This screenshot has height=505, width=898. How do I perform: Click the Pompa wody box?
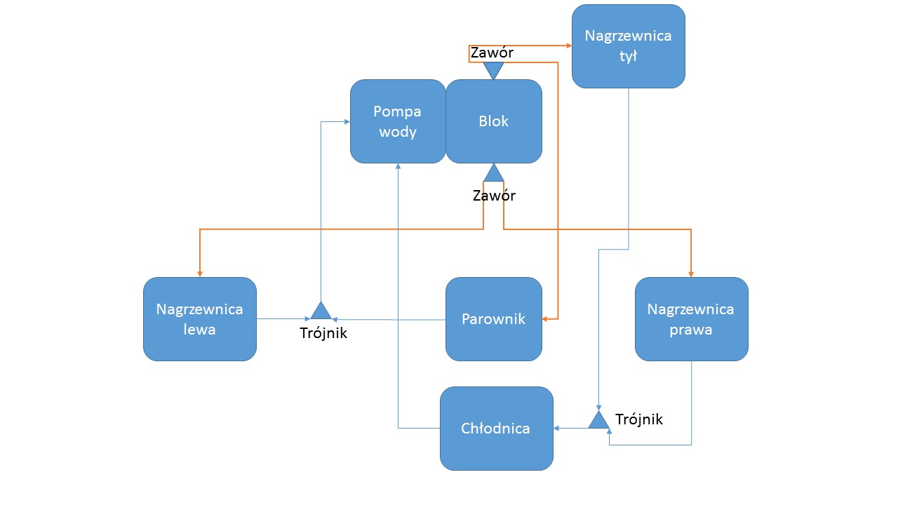click(x=398, y=121)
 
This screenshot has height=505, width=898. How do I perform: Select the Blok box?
click(x=494, y=121)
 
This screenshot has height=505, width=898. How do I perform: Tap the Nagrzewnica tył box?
click(x=629, y=46)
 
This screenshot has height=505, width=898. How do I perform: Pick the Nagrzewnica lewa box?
click(x=200, y=319)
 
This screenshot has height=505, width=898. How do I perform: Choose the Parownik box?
click(x=494, y=319)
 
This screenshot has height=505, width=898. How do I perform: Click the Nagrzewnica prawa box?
click(x=691, y=319)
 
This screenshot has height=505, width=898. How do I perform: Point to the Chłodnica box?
click(x=496, y=429)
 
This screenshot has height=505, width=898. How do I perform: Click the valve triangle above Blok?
click(x=494, y=69)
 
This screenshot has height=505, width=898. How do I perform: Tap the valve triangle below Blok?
click(x=494, y=173)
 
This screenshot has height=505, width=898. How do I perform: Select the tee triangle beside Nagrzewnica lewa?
click(x=321, y=311)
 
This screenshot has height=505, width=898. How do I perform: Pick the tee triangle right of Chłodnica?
click(x=598, y=420)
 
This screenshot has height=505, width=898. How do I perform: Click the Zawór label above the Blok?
click(x=492, y=53)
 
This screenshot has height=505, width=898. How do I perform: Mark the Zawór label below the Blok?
click(x=494, y=196)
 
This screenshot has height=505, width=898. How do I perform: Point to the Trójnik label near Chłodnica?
click(x=638, y=419)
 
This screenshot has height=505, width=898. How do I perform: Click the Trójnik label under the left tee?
click(x=323, y=334)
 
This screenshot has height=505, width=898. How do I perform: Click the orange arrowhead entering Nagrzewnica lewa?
click(x=200, y=273)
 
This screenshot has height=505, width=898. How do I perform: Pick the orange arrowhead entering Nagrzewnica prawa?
click(x=691, y=273)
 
